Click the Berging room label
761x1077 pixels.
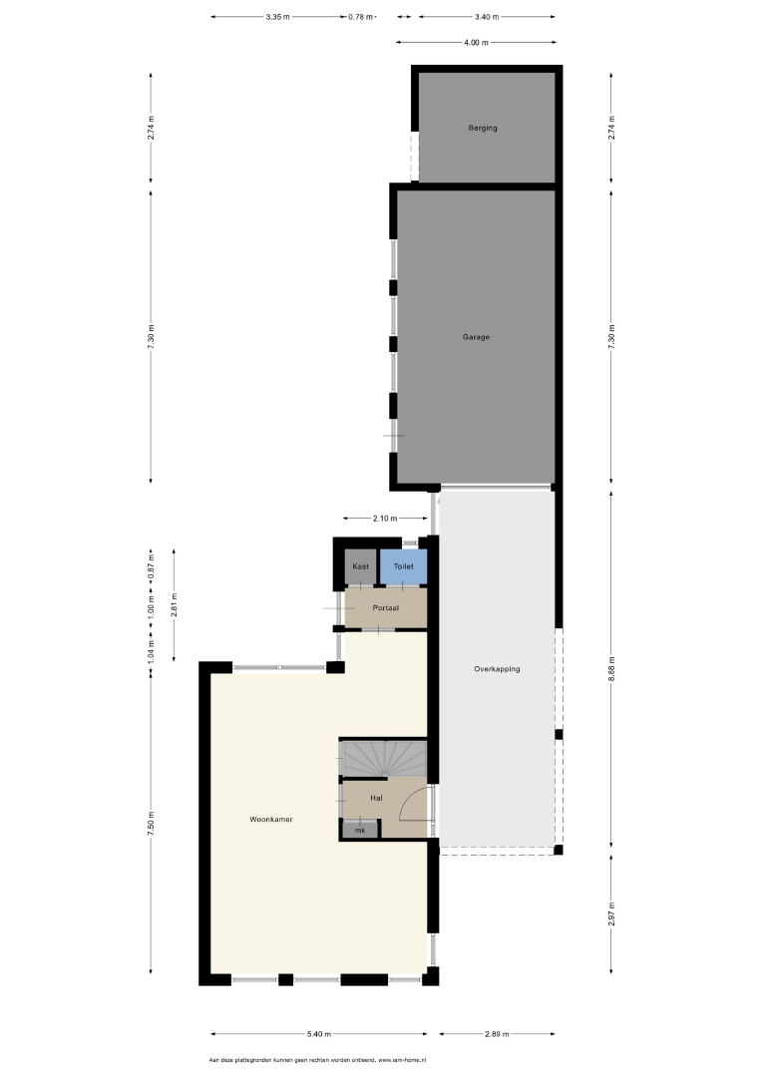pyautogui.click(x=482, y=128)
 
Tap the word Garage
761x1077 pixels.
pyautogui.click(x=476, y=337)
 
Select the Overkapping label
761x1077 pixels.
pyautogui.click(x=497, y=669)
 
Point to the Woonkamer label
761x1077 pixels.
pyautogui.click(x=270, y=820)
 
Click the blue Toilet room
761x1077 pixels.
pyautogui.click(x=404, y=567)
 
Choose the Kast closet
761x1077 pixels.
pyautogui.click(x=361, y=567)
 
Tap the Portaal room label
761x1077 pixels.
pyautogui.click(x=385, y=608)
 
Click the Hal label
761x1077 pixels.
pyautogui.click(x=376, y=798)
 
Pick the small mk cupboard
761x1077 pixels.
pyautogui.click(x=361, y=830)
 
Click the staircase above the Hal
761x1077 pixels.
pyautogui.click(x=385, y=758)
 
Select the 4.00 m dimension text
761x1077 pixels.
pyautogui.click(x=476, y=43)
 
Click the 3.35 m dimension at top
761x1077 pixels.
pyautogui.click(x=277, y=17)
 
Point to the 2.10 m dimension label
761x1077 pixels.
pyautogui.click(x=385, y=519)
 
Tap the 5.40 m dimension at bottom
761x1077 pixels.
pyautogui.click(x=319, y=1034)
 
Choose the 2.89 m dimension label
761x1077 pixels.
pyautogui.click(x=497, y=1034)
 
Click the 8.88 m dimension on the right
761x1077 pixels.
pyautogui.click(x=611, y=669)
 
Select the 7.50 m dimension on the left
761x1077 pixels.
pyautogui.click(x=151, y=824)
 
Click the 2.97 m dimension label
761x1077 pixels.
pyautogui.click(x=611, y=914)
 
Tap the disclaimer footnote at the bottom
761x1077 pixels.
pyautogui.click(x=318, y=1060)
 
